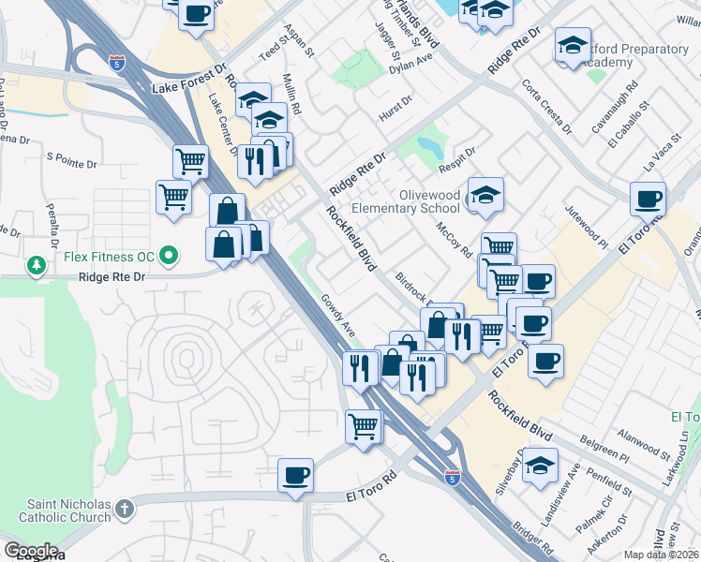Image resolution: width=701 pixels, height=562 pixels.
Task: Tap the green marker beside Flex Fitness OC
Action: [170, 254]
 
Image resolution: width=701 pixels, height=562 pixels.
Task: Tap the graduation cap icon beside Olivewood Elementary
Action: [486, 195]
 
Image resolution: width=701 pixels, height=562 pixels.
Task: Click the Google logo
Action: [30, 551]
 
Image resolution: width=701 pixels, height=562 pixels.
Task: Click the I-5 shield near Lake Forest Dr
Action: [115, 64]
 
